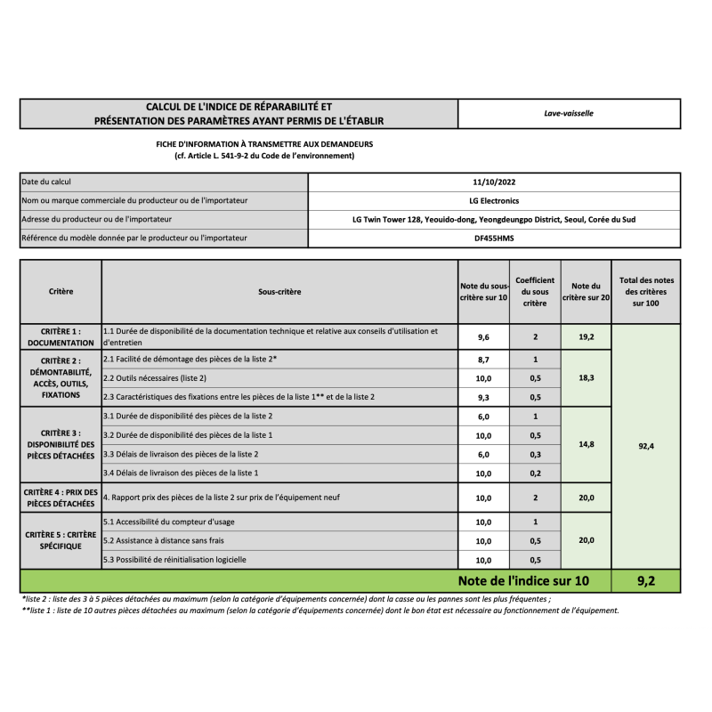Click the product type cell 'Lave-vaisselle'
pyautogui.click(x=569, y=113)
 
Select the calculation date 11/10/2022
pyautogui.click(x=494, y=182)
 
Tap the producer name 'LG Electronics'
pyautogui.click(x=494, y=200)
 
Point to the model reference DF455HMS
pyautogui.click(x=494, y=238)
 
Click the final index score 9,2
pyautogui.click(x=646, y=581)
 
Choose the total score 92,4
pyautogui.click(x=646, y=446)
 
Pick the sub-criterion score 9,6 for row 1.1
pyautogui.click(x=484, y=337)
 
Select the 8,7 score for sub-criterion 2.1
pyautogui.click(x=484, y=359)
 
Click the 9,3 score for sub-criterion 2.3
pyautogui.click(x=484, y=397)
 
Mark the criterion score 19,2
pyautogui.click(x=586, y=337)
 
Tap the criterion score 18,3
pyautogui.click(x=586, y=377)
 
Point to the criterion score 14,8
pyautogui.click(x=586, y=443)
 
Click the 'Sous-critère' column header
pyautogui.click(x=279, y=291)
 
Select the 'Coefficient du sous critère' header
pyautogui.click(x=535, y=291)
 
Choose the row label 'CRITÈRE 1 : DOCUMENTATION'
pyautogui.click(x=61, y=336)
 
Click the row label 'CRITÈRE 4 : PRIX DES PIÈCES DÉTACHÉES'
pyautogui.click(x=61, y=498)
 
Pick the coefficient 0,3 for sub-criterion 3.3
pyautogui.click(x=535, y=454)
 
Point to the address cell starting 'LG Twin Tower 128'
pyautogui.click(x=494, y=219)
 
